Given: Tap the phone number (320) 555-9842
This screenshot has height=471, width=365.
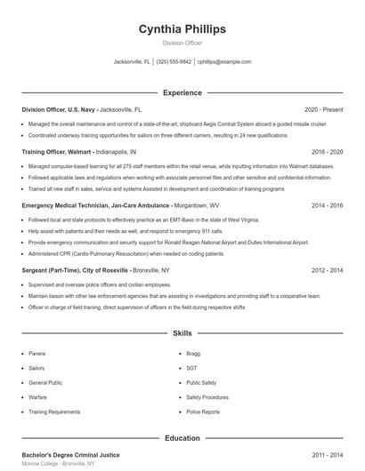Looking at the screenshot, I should pos(174,62).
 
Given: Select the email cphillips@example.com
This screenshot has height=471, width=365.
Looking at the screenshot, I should pos(224,62).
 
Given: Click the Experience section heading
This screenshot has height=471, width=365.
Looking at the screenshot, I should pos(182,92).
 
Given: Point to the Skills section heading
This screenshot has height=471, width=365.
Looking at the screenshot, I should pos(182,333).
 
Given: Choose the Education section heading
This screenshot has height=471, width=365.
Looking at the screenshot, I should pos(182,438).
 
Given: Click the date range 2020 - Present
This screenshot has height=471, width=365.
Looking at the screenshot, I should pos(323,108).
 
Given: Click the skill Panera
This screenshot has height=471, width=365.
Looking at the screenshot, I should pos(36,353).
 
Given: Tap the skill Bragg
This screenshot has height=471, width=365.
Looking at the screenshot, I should pos(192,353).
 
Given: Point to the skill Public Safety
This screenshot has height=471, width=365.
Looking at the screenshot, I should pos(201,383).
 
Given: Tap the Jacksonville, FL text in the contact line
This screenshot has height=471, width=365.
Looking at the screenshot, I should pos(133,62).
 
